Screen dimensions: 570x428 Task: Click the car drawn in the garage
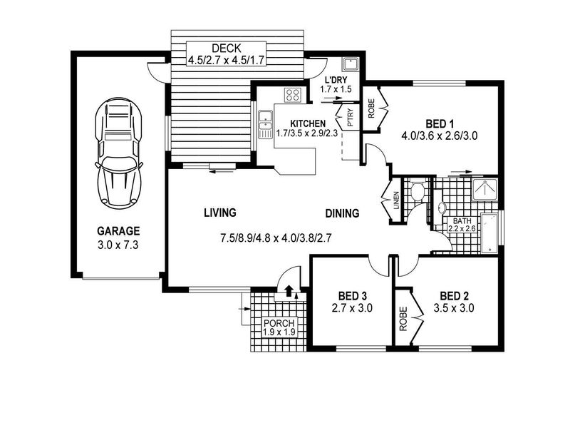(x=118, y=153)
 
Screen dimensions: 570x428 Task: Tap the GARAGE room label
(x=118, y=231)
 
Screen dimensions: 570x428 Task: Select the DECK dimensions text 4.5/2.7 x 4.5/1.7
(x=226, y=60)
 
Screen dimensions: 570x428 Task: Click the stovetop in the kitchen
(x=293, y=96)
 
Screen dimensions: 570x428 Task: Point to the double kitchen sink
(x=266, y=124)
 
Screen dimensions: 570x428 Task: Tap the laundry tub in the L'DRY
(x=350, y=64)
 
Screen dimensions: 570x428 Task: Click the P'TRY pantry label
(x=351, y=118)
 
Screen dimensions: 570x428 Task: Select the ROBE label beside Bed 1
(x=371, y=108)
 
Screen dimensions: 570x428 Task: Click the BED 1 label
(x=440, y=124)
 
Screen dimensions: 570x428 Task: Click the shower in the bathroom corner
(x=485, y=189)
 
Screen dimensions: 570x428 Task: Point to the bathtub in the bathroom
(x=490, y=233)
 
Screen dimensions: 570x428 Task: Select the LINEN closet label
(x=396, y=200)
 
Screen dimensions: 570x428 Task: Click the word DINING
(x=342, y=213)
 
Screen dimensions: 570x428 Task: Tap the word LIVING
(x=220, y=213)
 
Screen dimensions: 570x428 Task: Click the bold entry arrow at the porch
(x=289, y=290)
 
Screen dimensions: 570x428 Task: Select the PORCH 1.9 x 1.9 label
(x=279, y=327)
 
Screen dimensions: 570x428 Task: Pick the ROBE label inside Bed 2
(x=403, y=319)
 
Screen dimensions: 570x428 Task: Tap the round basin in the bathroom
(x=441, y=208)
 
